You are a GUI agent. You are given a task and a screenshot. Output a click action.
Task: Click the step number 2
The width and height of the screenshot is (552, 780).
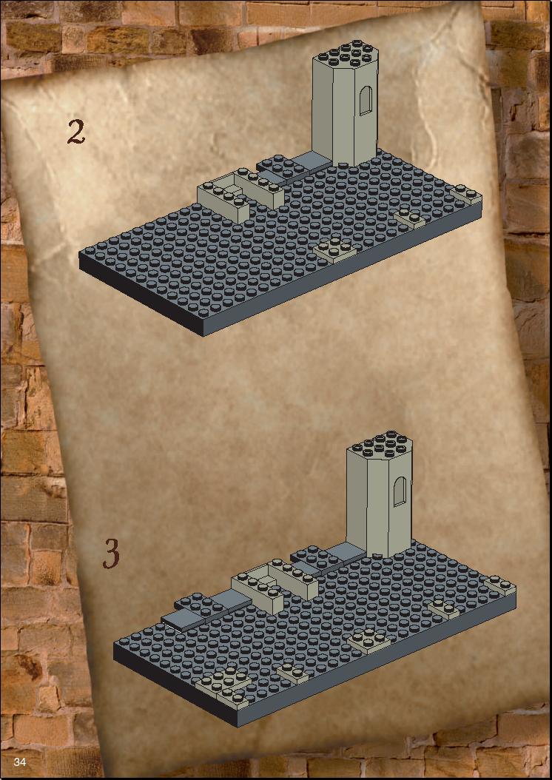tap(75, 132)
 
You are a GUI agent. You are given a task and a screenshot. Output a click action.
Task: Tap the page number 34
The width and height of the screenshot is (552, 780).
tap(20, 761)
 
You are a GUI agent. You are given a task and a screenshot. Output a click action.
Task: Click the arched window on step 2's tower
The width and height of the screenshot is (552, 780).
tap(366, 100)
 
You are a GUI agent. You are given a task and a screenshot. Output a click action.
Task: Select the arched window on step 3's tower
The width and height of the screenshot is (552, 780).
tap(400, 491)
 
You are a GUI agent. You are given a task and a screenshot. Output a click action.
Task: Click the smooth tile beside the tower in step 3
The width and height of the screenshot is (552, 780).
tap(345, 551)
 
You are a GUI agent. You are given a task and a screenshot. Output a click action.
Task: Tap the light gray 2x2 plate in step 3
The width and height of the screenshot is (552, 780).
tap(369, 640)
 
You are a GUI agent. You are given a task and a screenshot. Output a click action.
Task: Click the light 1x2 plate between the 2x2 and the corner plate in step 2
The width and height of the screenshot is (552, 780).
tap(410, 218)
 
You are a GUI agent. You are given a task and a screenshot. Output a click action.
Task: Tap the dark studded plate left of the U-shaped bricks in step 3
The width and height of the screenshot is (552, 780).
tap(212, 605)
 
